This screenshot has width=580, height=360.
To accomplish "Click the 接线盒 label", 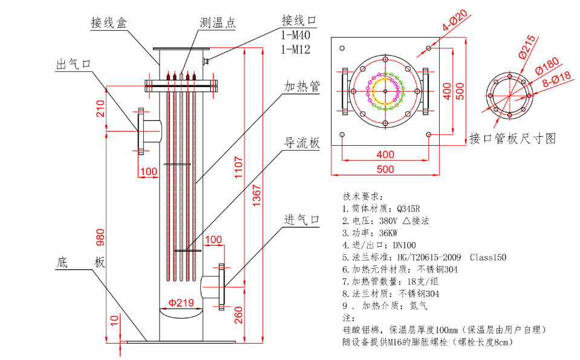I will [x=109, y=23].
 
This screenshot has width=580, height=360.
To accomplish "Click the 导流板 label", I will [x=302, y=143].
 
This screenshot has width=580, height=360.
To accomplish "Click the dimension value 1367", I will [x=255, y=195].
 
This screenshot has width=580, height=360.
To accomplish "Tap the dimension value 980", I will [x=100, y=239].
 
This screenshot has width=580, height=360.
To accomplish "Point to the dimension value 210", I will [x=100, y=108].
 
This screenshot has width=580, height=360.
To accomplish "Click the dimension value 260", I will [x=238, y=315].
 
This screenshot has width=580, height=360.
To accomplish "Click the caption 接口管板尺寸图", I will [x=512, y=139].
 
